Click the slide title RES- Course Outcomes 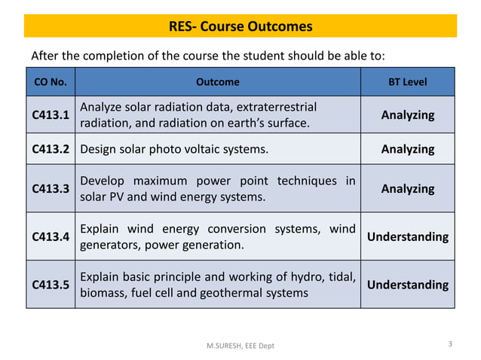240,27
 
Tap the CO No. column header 51,81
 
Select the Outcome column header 218,81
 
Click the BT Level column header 407,81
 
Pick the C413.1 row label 51,115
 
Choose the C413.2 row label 51,149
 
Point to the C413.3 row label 51,188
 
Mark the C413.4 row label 51,236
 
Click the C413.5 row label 51,285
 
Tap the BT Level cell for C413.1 407,115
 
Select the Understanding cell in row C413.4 407,236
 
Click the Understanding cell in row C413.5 407,285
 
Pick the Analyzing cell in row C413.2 407,149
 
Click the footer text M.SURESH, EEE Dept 240,345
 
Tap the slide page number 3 450,344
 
